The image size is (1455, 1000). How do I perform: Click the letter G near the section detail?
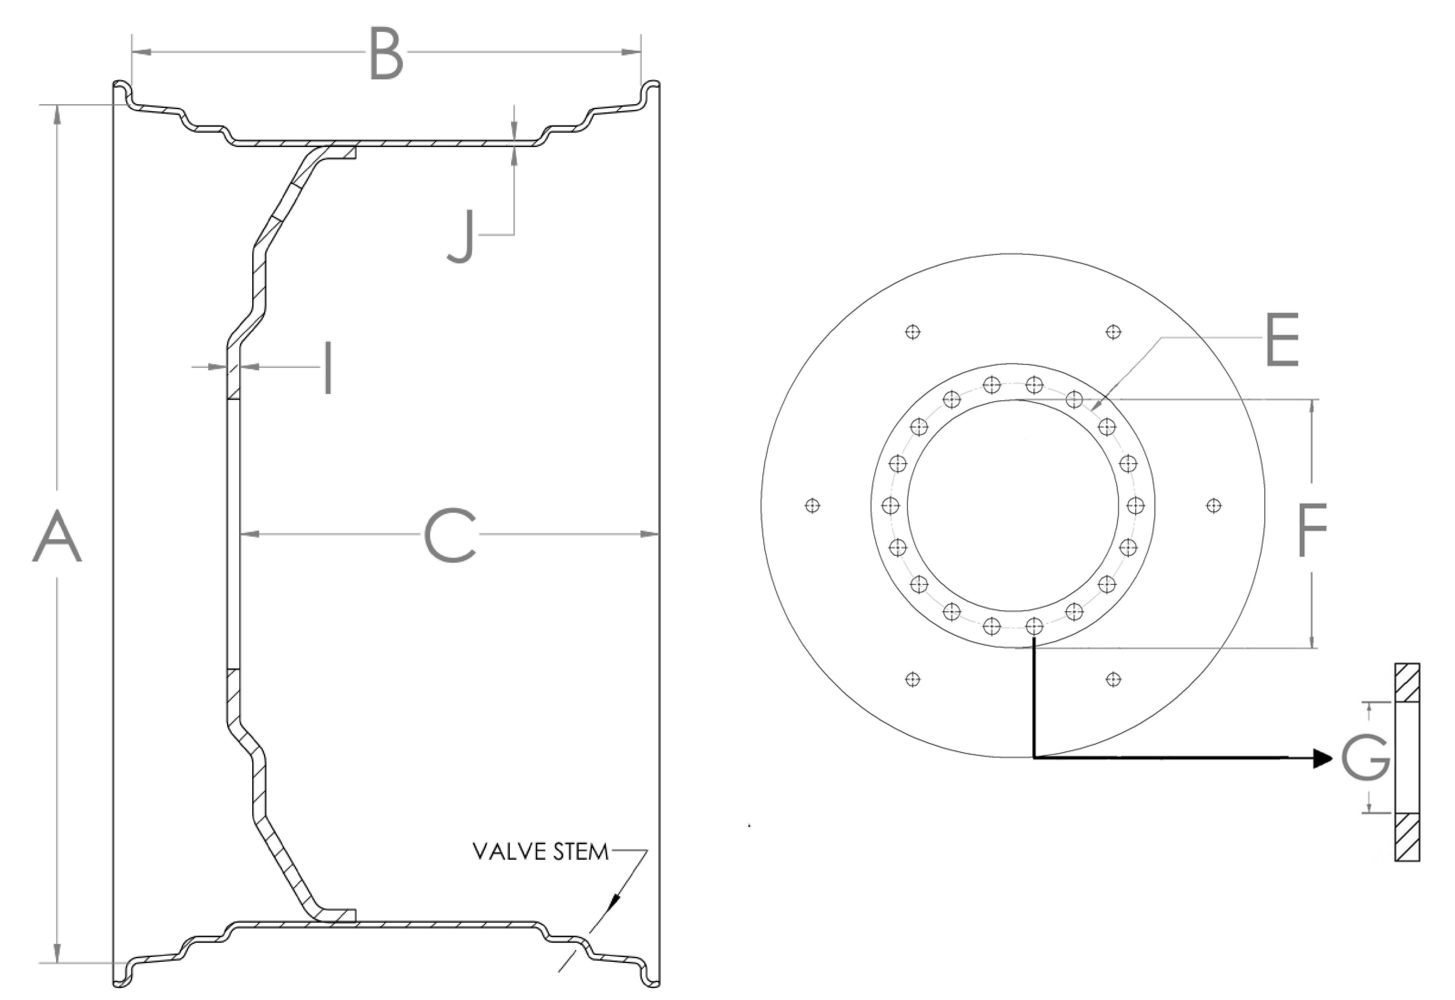pyautogui.click(x=1366, y=758)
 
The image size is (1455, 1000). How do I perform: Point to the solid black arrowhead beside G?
pyautogui.click(x=1322, y=758)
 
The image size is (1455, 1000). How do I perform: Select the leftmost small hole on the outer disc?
pyautogui.click(x=813, y=506)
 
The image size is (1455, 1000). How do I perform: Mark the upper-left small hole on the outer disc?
pyautogui.click(x=913, y=332)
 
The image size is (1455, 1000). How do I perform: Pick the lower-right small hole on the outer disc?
pyautogui.click(x=1113, y=679)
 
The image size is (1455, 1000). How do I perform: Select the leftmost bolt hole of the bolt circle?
pyautogui.click(x=890, y=506)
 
